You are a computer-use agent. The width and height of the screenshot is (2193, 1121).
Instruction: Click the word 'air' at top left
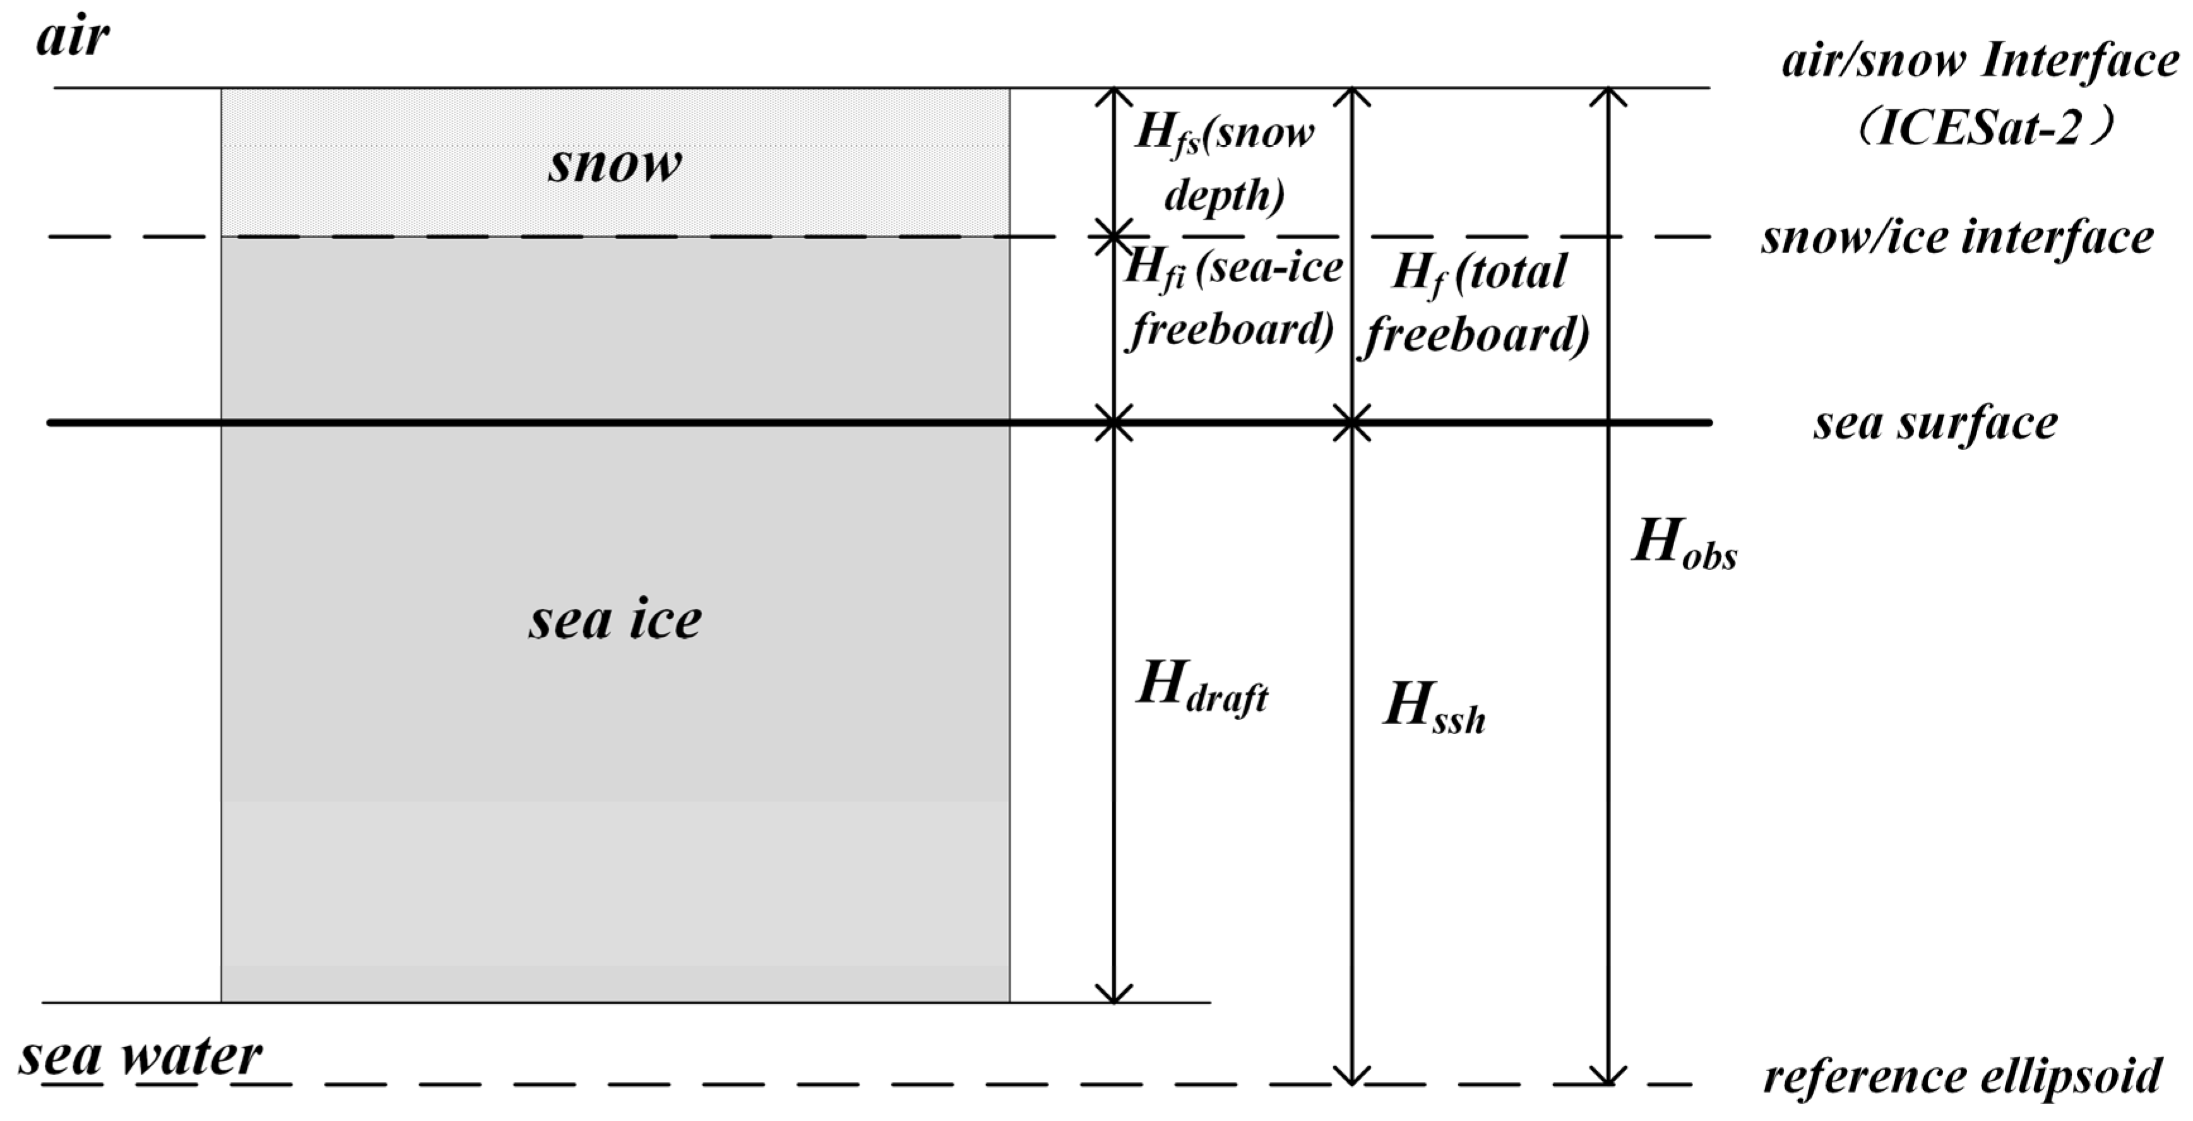(x=73, y=39)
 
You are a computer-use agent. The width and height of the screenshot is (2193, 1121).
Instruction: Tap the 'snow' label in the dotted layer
(x=615, y=163)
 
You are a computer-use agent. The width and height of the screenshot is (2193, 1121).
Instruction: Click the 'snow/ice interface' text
(x=1957, y=237)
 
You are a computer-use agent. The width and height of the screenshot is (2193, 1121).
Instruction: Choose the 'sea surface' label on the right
(x=1935, y=423)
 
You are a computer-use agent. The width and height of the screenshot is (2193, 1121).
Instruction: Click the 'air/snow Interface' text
(x=1980, y=61)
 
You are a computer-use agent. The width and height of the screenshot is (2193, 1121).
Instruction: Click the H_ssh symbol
(x=1434, y=706)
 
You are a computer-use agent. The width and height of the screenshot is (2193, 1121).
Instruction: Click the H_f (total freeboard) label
(x=1478, y=303)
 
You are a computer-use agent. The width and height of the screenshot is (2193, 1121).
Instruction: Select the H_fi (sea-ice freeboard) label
(x=1231, y=298)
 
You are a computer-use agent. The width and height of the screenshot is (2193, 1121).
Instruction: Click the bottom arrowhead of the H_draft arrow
(x=1114, y=995)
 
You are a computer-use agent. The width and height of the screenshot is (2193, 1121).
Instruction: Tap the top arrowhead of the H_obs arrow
(x=1607, y=95)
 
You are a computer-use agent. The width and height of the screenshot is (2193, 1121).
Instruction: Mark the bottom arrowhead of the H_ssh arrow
(x=1351, y=1076)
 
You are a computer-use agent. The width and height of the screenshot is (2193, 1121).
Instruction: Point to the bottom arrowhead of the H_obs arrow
(x=1607, y=1076)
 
